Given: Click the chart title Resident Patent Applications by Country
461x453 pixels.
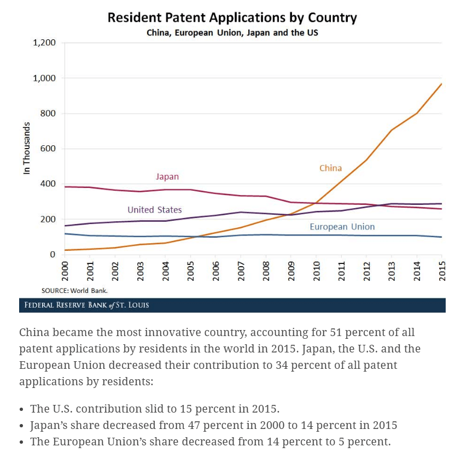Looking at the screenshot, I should click(x=232, y=17).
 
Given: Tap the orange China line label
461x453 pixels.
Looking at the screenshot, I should click(x=330, y=168).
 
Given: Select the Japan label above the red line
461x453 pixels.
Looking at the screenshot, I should click(x=167, y=177).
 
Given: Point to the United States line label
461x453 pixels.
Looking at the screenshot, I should click(x=154, y=210).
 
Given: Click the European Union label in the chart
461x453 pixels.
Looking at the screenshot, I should click(x=342, y=227).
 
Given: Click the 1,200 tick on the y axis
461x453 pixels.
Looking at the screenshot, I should click(x=44, y=43).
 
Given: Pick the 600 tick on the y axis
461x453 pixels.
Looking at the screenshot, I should click(x=49, y=149).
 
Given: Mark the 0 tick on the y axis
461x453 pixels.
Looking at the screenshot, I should click(x=52, y=254).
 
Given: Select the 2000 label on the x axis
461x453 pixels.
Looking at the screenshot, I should click(x=65, y=271).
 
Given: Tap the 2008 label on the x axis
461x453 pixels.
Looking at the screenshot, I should click(x=266, y=271).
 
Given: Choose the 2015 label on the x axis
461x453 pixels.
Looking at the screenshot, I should click(x=442, y=271).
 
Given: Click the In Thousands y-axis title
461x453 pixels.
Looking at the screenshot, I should click(x=26, y=148).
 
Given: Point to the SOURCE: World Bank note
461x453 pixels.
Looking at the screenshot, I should click(x=74, y=290).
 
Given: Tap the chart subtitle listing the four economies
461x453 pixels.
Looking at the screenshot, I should click(x=232, y=33).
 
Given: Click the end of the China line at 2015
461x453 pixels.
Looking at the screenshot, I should click(x=441, y=84).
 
